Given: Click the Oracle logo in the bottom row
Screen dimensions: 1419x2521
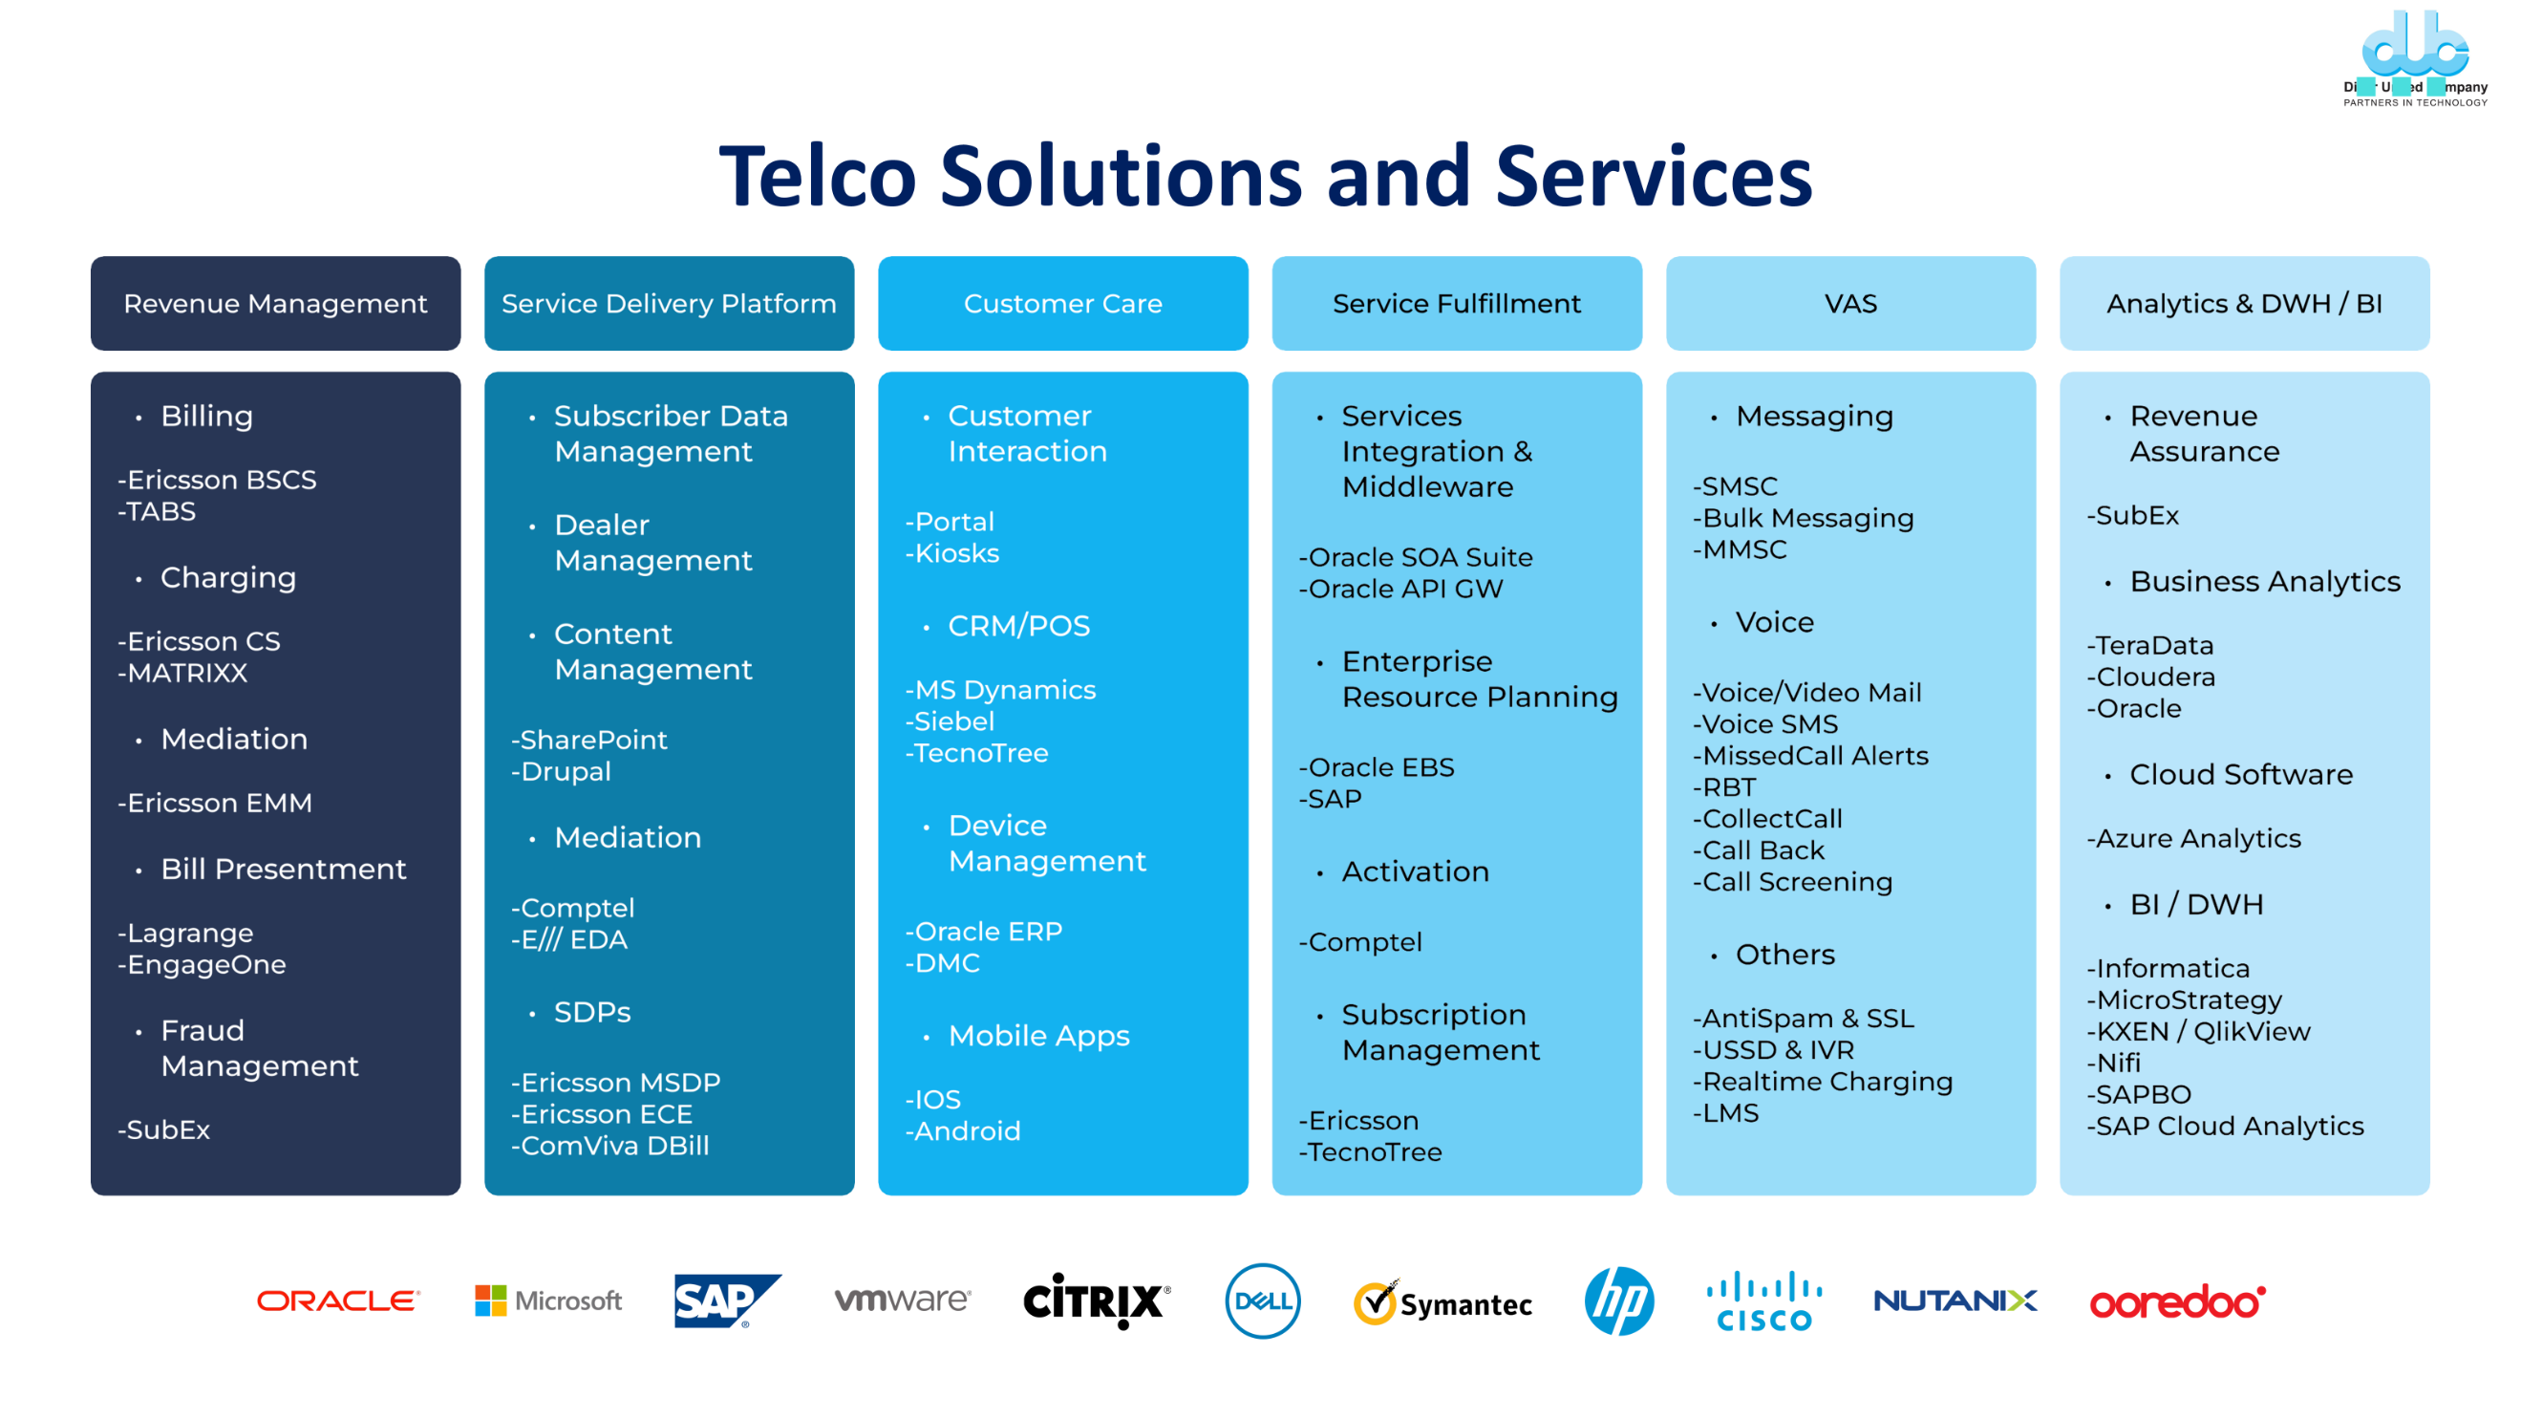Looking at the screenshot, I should [337, 1301].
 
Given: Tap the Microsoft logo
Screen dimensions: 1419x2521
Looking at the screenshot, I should [548, 1301].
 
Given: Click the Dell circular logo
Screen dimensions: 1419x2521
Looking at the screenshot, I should [1263, 1301].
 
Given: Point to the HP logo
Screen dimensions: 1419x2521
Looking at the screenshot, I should [1618, 1301].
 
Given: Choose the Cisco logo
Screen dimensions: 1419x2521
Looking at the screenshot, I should [1764, 1301].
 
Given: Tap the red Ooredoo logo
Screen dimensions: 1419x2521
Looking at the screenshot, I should [2176, 1301].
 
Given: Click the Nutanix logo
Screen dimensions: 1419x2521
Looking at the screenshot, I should [1955, 1301].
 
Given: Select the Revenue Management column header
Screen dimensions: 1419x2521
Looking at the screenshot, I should [275, 303].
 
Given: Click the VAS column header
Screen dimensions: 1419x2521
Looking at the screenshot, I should [1850, 303].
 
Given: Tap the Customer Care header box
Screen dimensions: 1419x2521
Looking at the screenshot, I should [1063, 303].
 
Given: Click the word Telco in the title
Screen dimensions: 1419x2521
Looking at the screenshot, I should [817, 177].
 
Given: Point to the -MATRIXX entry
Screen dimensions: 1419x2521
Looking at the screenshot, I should [183, 674].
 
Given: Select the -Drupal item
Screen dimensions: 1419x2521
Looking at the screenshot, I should [562, 772].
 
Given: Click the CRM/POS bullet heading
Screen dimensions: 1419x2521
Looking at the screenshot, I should [1017, 626].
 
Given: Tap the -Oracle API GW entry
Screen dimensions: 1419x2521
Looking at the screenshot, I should [1400, 590].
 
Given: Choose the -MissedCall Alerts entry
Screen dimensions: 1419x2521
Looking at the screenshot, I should [1810, 757].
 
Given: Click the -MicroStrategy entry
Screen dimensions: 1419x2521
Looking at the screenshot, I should [2185, 1000].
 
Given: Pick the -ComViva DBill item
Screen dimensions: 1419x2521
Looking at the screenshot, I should [610, 1146].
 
